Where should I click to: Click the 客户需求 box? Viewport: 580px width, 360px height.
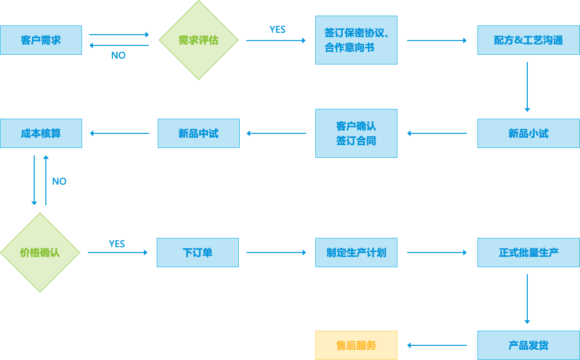point(41,40)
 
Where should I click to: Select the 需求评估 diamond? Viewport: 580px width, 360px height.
point(198,40)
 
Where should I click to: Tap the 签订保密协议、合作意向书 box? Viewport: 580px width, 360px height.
point(356,40)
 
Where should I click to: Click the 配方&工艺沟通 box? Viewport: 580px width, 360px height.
point(528,40)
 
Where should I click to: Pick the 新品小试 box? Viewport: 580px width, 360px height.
point(528,133)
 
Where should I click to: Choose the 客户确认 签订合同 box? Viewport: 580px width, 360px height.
point(356,133)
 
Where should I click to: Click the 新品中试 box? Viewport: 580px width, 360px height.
point(198,133)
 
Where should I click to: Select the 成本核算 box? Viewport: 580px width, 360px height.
point(41,133)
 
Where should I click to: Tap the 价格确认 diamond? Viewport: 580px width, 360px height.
point(40,253)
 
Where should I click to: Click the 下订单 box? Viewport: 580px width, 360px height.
point(198,253)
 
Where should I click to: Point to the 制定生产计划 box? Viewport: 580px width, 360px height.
point(356,253)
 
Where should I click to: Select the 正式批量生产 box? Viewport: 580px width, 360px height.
point(528,253)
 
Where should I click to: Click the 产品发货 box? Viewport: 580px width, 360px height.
point(528,345)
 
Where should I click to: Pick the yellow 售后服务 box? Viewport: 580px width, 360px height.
point(356,345)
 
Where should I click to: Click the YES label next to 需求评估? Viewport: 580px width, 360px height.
point(277,30)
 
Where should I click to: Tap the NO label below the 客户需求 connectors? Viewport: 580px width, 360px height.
point(118,56)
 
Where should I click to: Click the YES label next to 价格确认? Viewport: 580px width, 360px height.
point(117,244)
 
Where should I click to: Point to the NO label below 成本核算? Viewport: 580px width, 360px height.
point(59,181)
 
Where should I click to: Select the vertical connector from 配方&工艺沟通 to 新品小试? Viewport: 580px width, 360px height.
point(527,87)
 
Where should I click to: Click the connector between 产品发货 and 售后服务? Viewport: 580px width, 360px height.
point(436,345)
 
